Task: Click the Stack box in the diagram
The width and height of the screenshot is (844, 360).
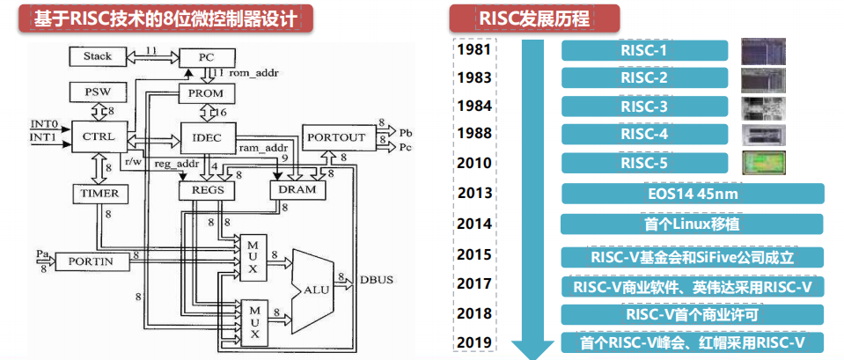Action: [x=98, y=56]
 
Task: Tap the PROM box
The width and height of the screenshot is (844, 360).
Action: [x=206, y=92]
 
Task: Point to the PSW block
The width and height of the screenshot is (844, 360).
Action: [x=99, y=92]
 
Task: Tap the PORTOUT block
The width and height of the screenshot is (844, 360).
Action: [x=338, y=137]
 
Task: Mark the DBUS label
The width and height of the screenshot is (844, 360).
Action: [x=378, y=279]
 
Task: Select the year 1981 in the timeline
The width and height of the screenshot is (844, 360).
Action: [x=474, y=51]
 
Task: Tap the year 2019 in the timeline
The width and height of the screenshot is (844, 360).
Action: [x=474, y=342]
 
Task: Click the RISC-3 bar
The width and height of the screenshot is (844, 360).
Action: [x=644, y=107]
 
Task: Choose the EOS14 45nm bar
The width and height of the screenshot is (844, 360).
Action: [x=693, y=194]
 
